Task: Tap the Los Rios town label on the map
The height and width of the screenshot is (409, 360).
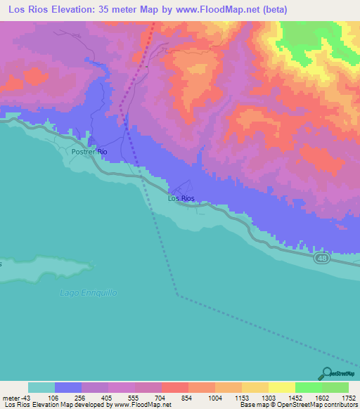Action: pyautogui.click(x=181, y=199)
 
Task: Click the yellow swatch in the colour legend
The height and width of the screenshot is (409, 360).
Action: pyautogui.click(x=281, y=387)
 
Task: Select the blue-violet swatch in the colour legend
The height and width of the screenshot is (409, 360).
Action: pyautogui.click(x=68, y=387)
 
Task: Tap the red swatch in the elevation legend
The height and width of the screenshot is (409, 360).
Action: pyautogui.click(x=175, y=387)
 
